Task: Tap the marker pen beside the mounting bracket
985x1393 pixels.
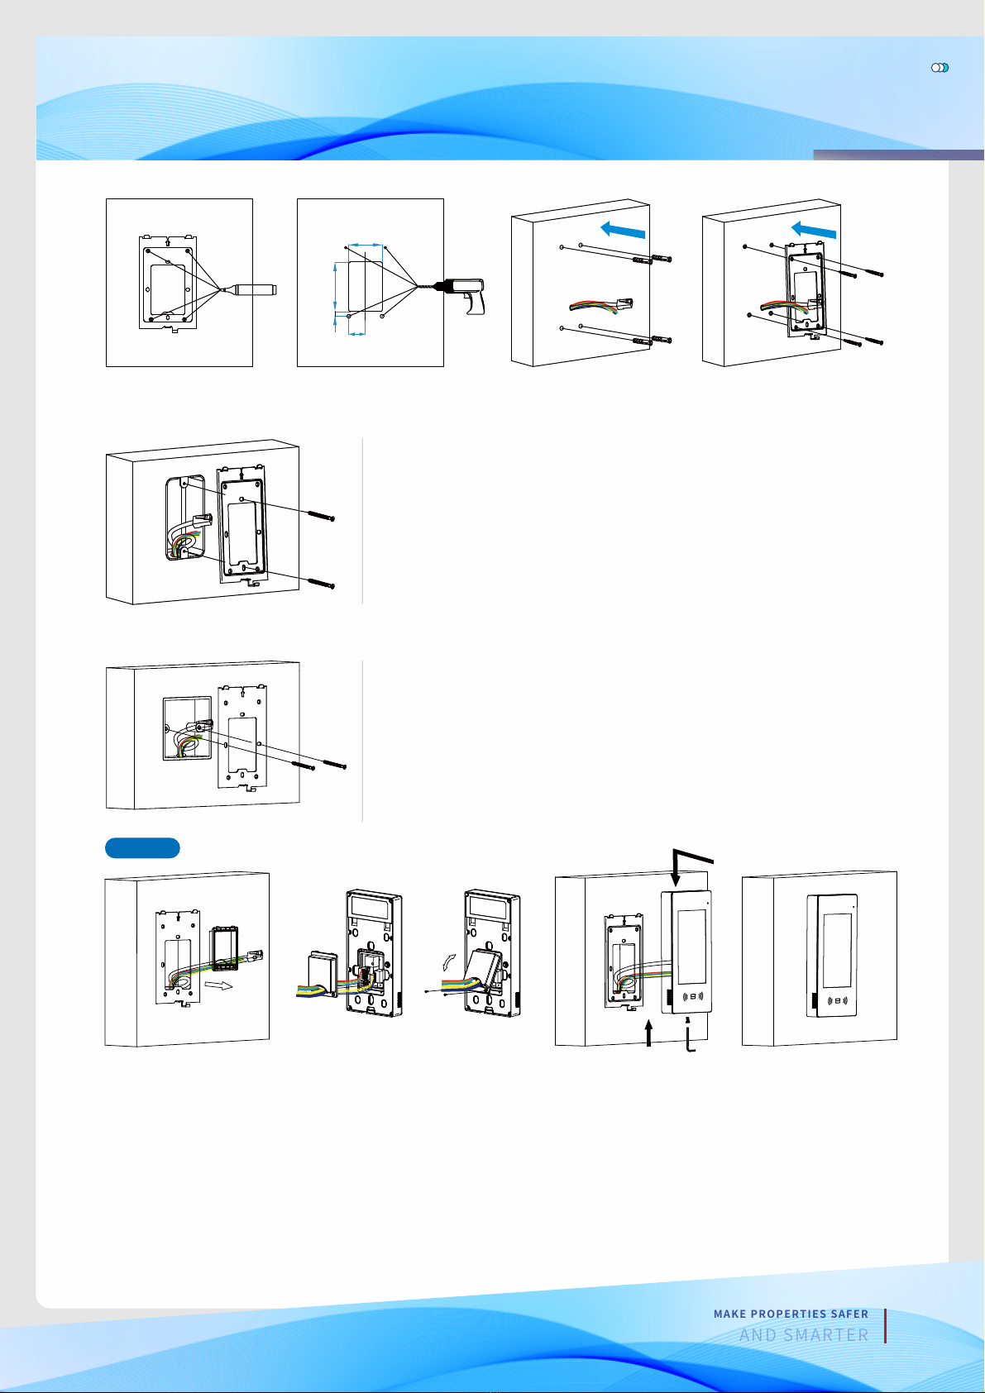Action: (x=250, y=289)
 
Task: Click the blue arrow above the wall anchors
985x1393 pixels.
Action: (x=623, y=230)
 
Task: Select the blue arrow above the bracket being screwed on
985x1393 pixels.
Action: (x=814, y=230)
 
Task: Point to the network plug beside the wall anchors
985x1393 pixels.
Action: (x=623, y=304)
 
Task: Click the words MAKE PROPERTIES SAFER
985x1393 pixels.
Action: (x=791, y=1314)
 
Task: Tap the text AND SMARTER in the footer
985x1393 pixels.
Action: (x=804, y=1335)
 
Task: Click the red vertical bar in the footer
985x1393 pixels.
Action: (x=885, y=1326)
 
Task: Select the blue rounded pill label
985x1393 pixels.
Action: (x=142, y=848)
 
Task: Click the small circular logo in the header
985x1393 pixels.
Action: (x=940, y=68)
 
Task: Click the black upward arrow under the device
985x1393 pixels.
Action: (x=649, y=1033)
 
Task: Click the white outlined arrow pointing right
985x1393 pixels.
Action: (x=218, y=985)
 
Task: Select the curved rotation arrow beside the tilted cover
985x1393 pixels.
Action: (x=449, y=962)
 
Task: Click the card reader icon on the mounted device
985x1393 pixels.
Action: (x=837, y=1001)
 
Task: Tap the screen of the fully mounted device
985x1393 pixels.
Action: (x=837, y=950)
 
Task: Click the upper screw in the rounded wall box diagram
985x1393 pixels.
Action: (x=321, y=516)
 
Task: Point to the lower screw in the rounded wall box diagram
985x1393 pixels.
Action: (x=321, y=584)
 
